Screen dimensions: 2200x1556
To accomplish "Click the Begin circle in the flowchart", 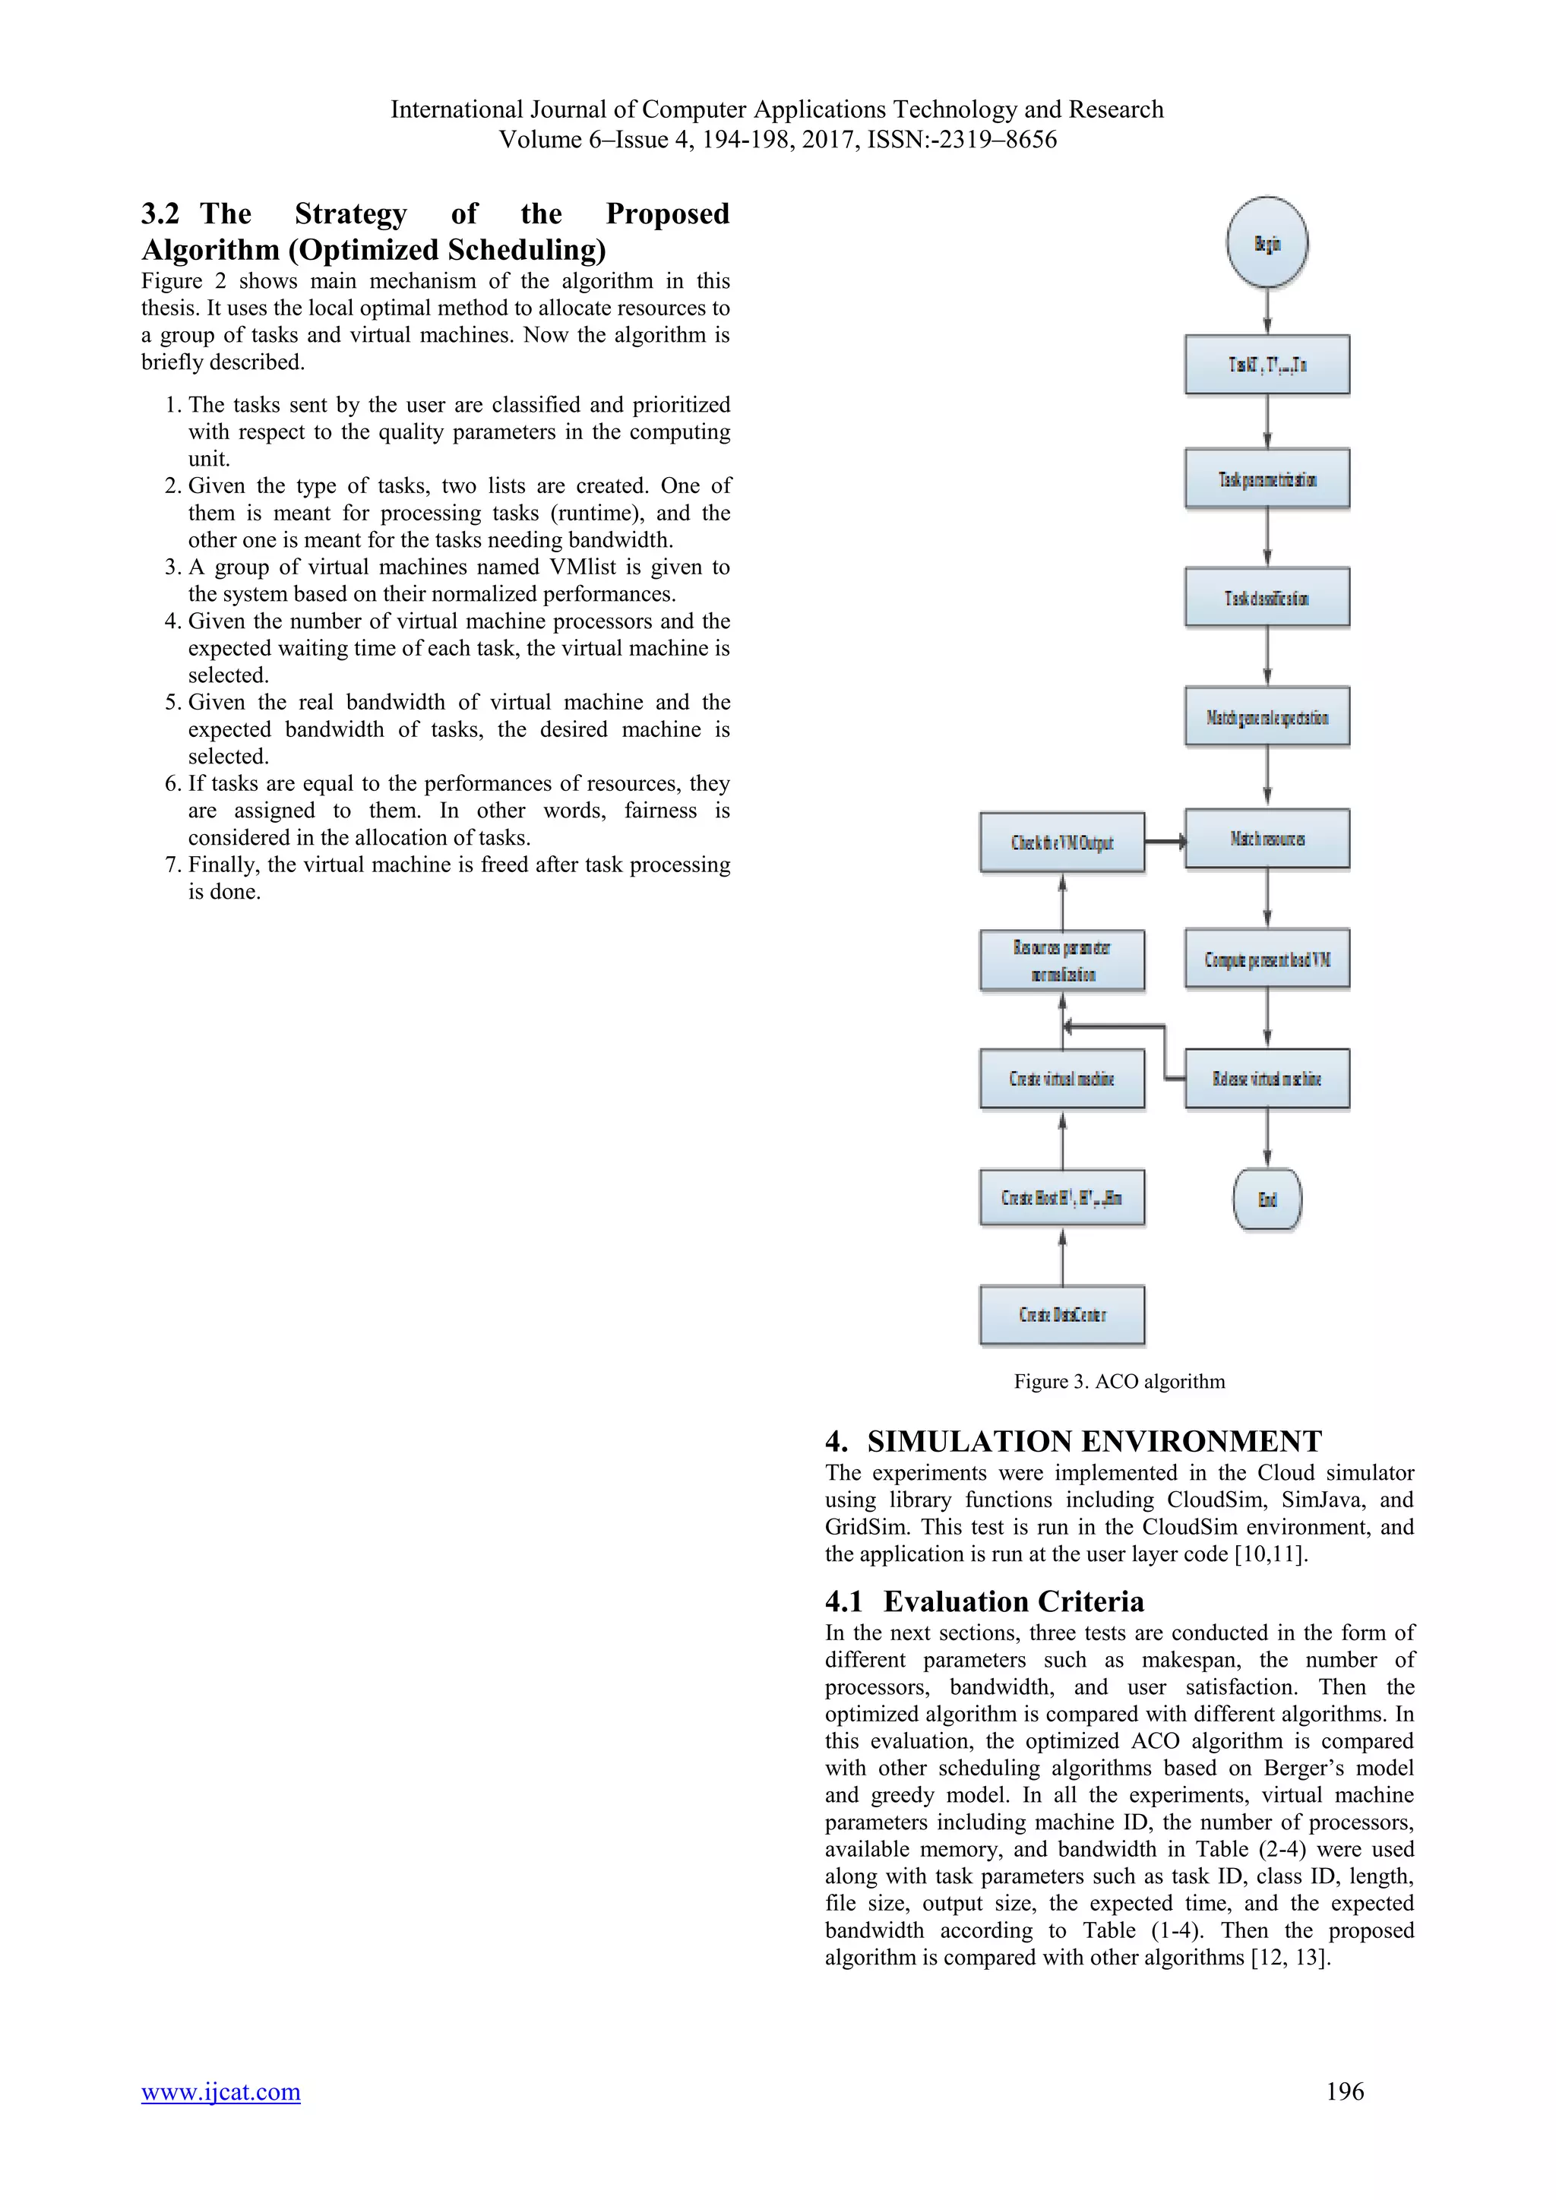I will coord(1267,243).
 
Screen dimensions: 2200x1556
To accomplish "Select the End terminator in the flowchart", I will coord(1267,1199).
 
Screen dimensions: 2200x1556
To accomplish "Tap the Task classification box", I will coord(1267,598).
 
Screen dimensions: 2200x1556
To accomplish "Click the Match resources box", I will coord(1267,839).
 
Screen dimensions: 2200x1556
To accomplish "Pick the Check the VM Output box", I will coord(1061,842).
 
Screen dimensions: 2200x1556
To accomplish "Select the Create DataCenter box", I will coord(1061,1315).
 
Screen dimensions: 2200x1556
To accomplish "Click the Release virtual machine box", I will coord(1267,1079).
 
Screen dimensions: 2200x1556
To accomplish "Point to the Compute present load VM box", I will coord(1267,959).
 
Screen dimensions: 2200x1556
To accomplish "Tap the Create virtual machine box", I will coord(1061,1079).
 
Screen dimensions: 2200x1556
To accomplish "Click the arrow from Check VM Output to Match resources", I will coord(1164,841).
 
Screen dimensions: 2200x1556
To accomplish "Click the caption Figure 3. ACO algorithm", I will coord(1119,1382).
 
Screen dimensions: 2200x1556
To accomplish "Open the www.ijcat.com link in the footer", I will coord(220,2091).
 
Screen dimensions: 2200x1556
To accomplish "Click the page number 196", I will coord(1344,2091).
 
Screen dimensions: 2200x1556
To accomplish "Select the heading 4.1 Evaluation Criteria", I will coord(985,1601).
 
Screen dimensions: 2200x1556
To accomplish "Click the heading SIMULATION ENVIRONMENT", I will coord(1094,1441).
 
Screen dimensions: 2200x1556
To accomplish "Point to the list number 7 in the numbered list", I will coord(172,865).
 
